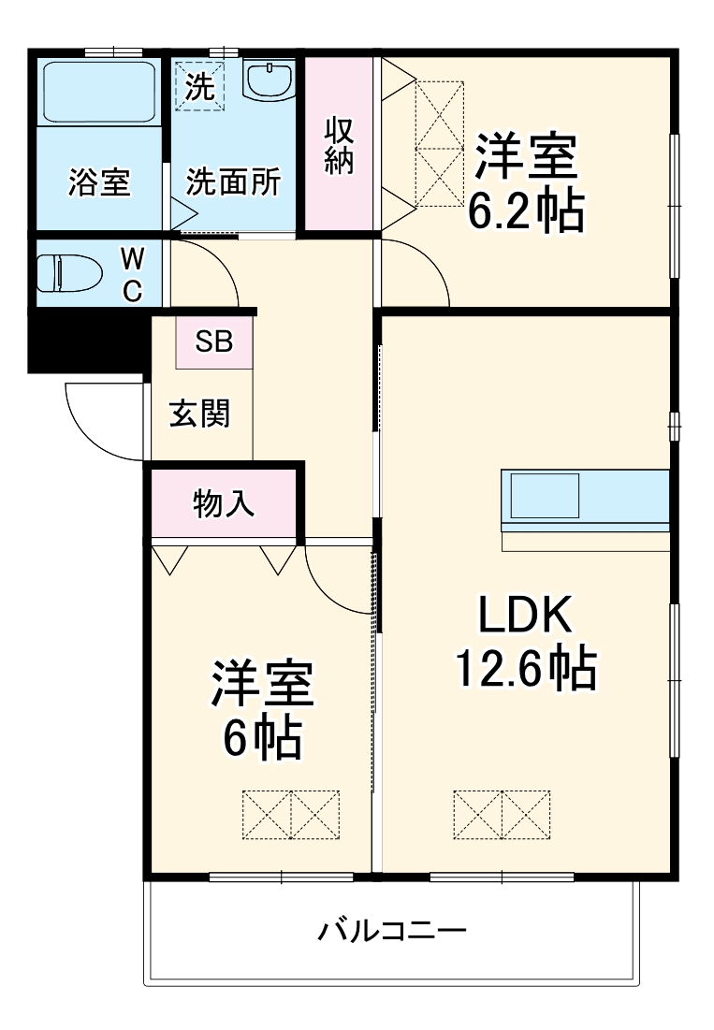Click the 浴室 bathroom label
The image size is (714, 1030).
point(99,183)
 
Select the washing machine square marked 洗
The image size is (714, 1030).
point(200,85)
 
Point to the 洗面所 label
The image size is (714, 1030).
point(233,183)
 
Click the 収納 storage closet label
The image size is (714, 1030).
point(339,145)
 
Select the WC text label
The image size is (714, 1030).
point(134,274)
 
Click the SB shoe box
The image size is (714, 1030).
point(214,342)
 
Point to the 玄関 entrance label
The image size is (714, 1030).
point(199,413)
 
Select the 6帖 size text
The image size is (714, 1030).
point(261,740)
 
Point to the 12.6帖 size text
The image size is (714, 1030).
point(526,668)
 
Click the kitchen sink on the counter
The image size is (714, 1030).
point(544,496)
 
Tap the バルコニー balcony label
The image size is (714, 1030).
point(390,932)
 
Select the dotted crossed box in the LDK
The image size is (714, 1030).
point(502,814)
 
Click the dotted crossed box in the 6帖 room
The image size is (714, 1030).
point(291,814)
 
